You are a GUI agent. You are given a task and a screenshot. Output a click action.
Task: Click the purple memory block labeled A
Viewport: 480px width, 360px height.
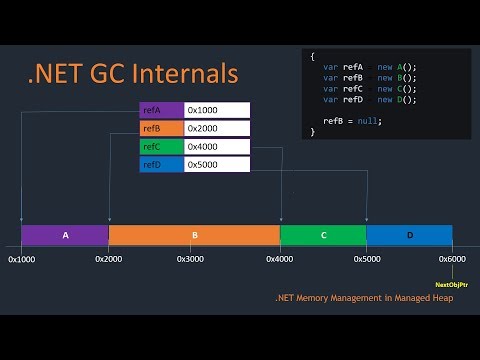tap(65, 235)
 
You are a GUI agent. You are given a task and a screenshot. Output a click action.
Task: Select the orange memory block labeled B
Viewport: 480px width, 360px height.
tap(194, 235)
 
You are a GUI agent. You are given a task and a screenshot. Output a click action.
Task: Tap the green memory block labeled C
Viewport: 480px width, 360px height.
tap(323, 235)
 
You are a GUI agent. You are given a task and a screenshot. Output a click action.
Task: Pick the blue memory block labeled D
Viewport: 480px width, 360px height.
tap(409, 235)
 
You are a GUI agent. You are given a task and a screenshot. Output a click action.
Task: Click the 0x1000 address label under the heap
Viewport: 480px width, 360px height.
tap(22, 259)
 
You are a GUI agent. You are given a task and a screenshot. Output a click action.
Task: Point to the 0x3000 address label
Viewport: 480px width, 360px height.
tap(192, 259)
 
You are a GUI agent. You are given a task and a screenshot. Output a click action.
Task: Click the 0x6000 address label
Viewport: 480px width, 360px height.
tap(452, 259)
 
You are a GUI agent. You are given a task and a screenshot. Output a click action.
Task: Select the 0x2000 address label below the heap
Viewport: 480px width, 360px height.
tap(108, 259)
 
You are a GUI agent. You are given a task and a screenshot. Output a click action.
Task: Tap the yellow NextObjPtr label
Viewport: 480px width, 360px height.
tap(452, 284)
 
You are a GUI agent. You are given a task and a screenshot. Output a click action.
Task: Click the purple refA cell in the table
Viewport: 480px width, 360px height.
tap(162, 110)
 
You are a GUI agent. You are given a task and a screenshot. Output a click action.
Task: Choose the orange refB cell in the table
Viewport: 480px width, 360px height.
tap(162, 128)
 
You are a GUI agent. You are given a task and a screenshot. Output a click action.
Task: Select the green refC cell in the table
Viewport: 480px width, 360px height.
tap(162, 146)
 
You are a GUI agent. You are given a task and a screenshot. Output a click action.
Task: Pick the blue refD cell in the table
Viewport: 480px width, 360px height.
tap(162, 164)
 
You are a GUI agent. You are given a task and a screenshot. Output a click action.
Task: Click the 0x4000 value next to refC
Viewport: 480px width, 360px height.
tap(217, 146)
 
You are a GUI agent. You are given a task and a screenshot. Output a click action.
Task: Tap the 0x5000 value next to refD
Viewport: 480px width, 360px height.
tap(217, 164)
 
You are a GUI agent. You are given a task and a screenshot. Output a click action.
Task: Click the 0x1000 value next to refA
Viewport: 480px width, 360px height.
tap(217, 110)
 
